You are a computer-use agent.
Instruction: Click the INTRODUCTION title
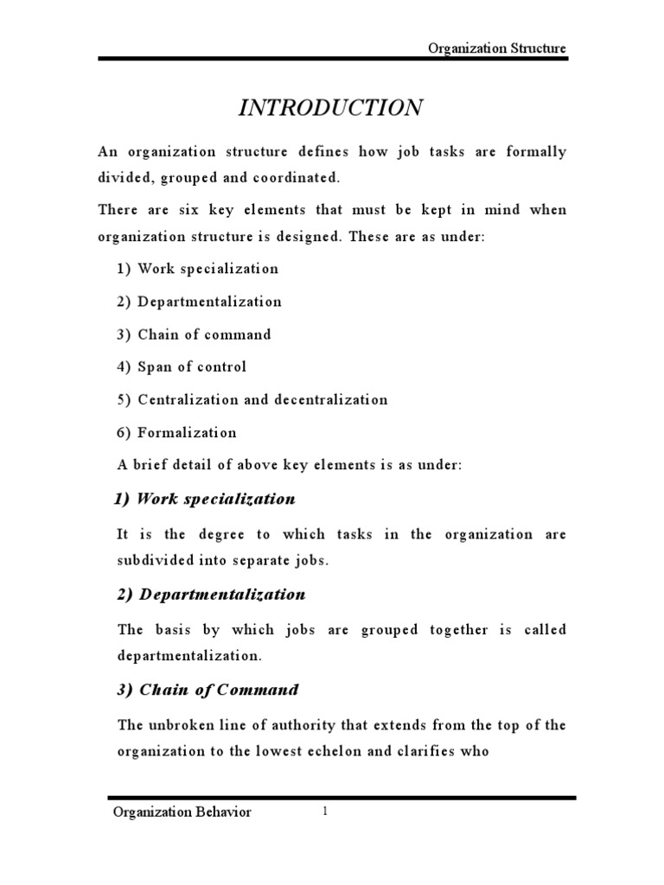point(331,108)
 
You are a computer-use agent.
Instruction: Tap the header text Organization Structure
point(497,48)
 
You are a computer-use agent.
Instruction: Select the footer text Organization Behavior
point(182,812)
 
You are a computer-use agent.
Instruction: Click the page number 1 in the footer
point(325,812)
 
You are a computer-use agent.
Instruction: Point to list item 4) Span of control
point(182,367)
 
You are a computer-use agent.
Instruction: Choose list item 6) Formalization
point(176,433)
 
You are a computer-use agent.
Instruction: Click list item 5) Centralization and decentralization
point(252,400)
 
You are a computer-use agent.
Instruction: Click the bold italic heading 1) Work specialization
point(205,499)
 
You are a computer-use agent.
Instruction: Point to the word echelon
point(338,751)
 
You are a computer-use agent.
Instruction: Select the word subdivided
point(156,559)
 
